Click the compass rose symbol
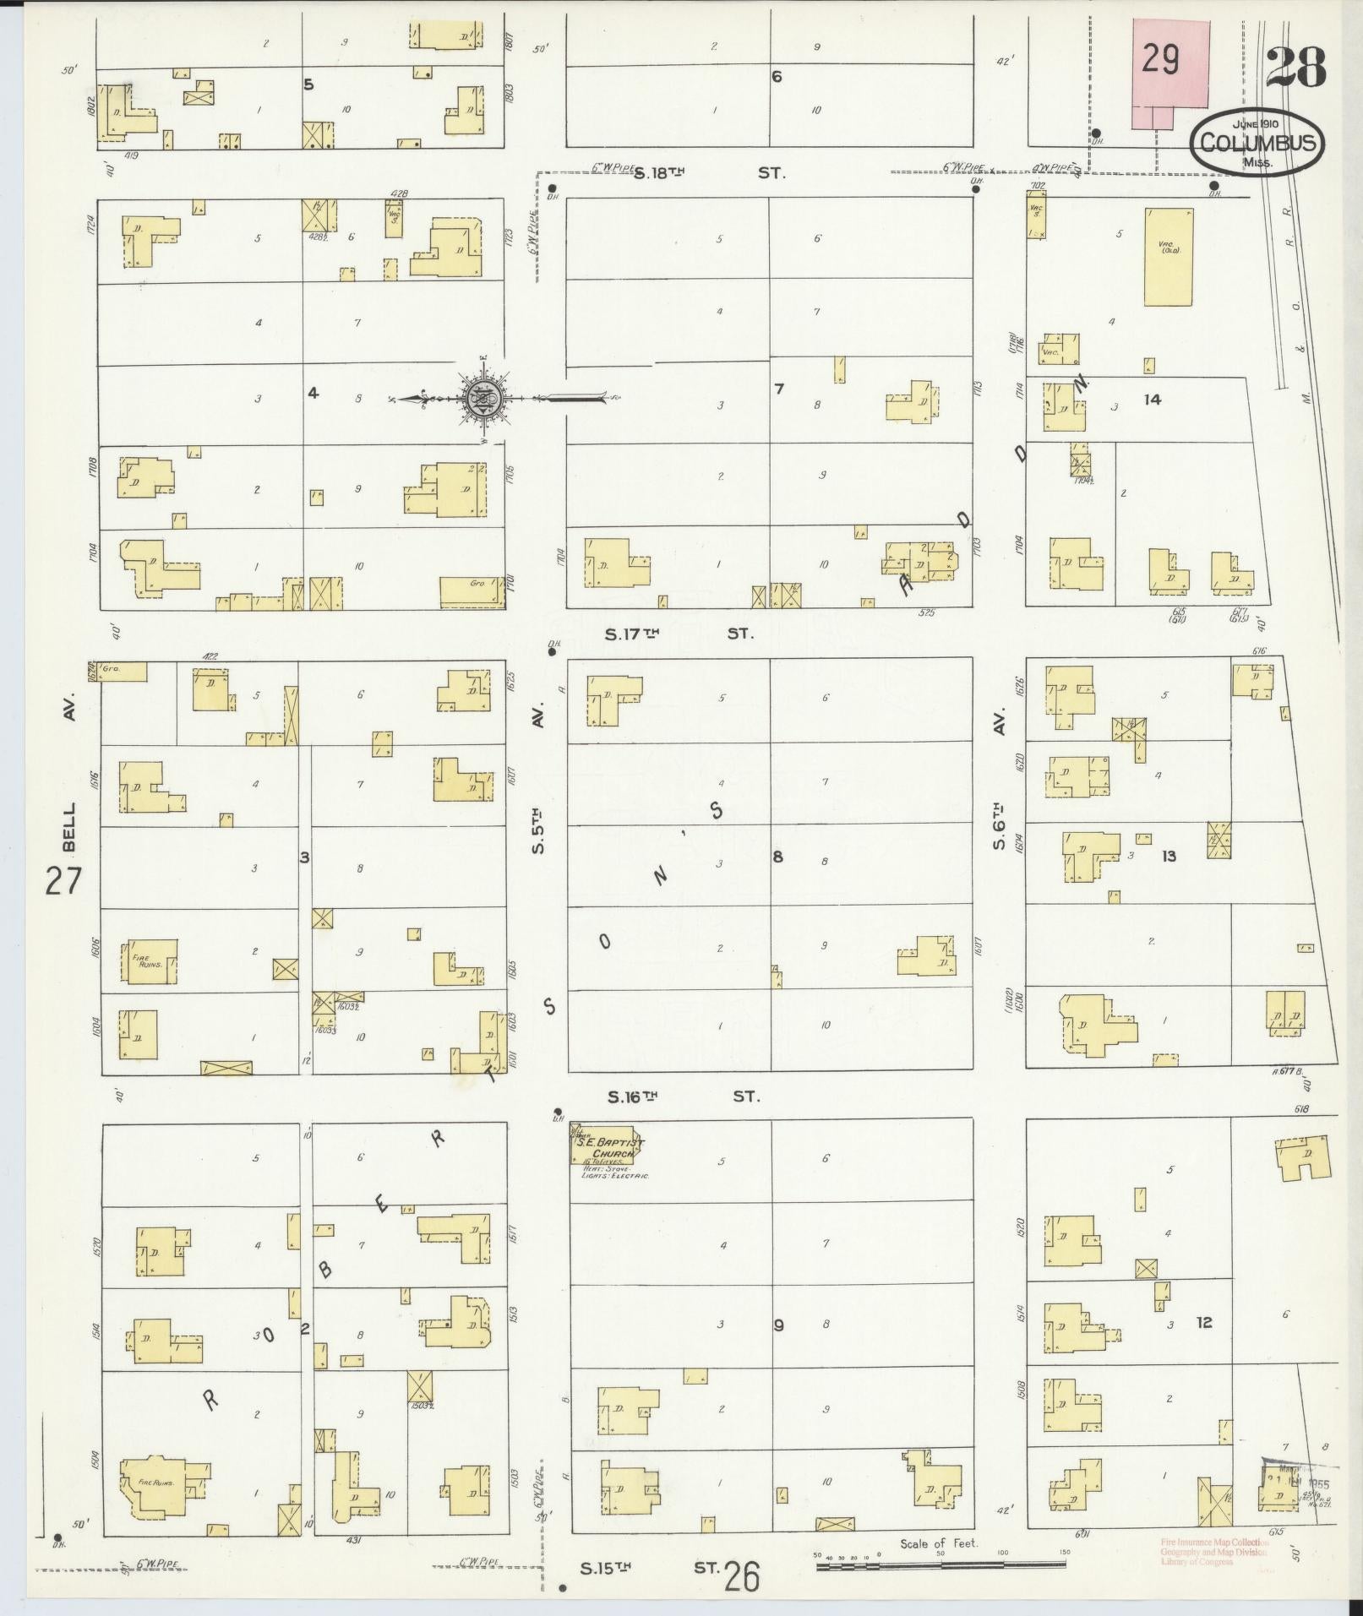(x=483, y=397)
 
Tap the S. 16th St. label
(x=683, y=1096)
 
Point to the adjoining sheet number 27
(x=63, y=880)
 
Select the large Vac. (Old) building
(x=1169, y=257)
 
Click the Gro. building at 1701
(x=472, y=592)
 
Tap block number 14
(x=1152, y=400)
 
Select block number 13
(x=1169, y=857)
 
